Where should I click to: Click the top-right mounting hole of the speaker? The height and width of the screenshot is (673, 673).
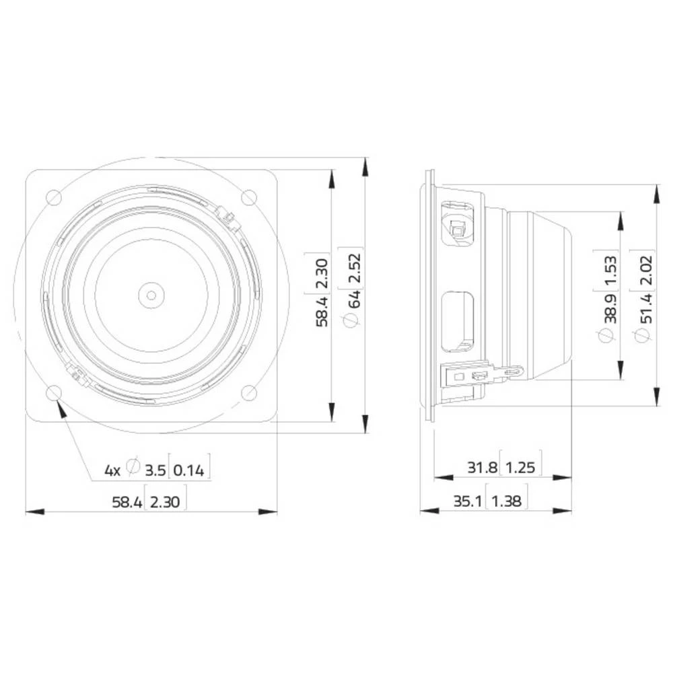(x=249, y=197)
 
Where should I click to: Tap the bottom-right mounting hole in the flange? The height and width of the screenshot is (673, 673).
(x=249, y=392)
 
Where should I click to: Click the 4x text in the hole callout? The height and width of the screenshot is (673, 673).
(x=112, y=470)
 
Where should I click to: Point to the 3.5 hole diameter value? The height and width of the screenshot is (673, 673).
(x=154, y=470)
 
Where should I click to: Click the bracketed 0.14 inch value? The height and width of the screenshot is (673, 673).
(x=189, y=470)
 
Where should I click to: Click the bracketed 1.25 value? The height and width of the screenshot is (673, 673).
(x=521, y=467)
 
